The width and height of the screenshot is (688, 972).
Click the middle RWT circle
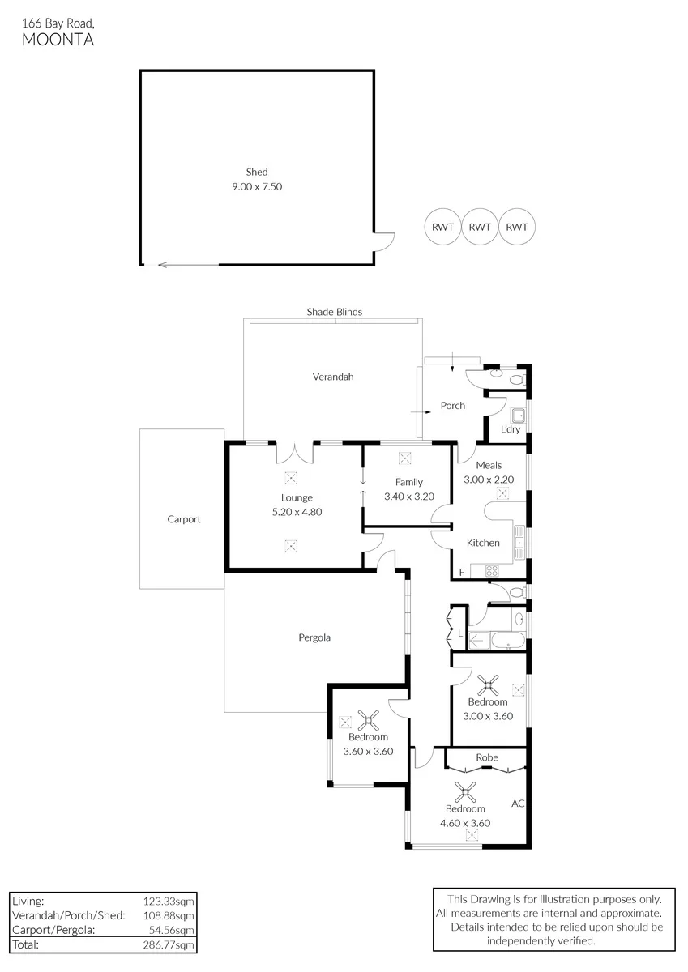(x=480, y=227)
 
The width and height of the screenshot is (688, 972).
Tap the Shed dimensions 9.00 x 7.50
(x=257, y=186)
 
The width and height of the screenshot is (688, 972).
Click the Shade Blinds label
(x=334, y=312)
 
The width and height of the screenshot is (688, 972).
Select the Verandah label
(x=333, y=377)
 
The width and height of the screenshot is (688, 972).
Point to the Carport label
(x=184, y=519)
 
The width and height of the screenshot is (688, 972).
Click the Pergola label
(x=314, y=637)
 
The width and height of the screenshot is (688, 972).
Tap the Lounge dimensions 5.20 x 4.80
(x=297, y=512)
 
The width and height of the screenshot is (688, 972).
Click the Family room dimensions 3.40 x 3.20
(x=409, y=497)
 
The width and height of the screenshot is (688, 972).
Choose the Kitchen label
(x=483, y=543)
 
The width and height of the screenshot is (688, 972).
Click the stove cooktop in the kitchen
(x=492, y=570)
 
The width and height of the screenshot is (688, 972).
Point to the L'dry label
(x=511, y=429)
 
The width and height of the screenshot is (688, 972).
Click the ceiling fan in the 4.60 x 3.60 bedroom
(x=465, y=792)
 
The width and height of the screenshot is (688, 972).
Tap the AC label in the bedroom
(x=518, y=804)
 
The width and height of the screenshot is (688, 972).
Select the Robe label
(x=487, y=757)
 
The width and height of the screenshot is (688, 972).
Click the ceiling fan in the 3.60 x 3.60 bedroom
(x=369, y=720)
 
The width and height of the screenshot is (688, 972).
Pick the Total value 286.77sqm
(x=169, y=944)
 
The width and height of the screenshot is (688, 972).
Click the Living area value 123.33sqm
(x=169, y=902)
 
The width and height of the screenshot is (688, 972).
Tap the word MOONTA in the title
(x=58, y=40)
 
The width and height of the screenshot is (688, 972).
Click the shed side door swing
(x=385, y=241)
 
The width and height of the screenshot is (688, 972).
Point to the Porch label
(x=453, y=405)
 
